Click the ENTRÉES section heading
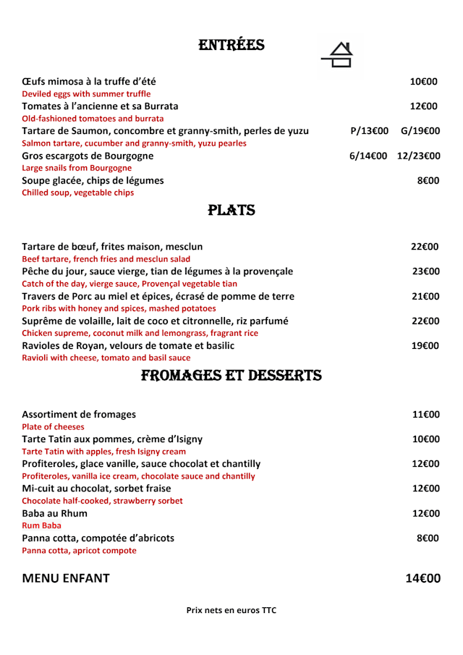coord(231,46)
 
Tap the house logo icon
coord(337,55)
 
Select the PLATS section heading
coord(231,211)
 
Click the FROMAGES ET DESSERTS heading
coord(231,376)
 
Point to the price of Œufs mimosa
coord(424,82)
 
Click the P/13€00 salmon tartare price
coord(369,131)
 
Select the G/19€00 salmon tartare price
coord(420,131)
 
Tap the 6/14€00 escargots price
coord(368,156)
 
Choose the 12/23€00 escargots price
coord(419,156)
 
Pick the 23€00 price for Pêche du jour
coord(425,271)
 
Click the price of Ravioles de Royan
coord(425,346)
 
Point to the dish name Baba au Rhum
coord(55,513)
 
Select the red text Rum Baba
coord(42,525)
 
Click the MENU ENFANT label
coord(66,578)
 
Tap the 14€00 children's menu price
coord(422,578)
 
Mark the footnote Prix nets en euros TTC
coord(231,610)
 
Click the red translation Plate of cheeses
coord(53,427)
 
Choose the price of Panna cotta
coord(428,538)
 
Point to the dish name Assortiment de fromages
coord(79,415)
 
